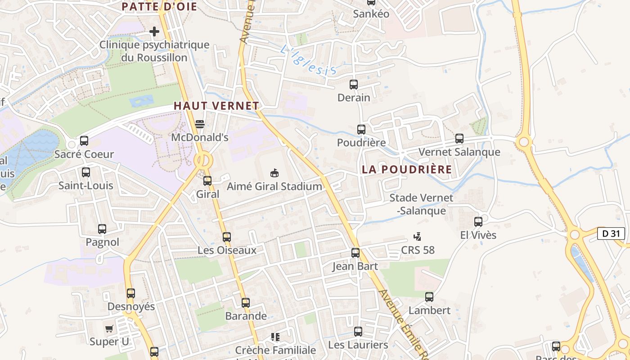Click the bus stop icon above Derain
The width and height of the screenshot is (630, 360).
pos(354,84)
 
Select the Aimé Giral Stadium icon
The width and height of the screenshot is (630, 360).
pos(274,172)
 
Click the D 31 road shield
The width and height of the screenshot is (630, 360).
pos(611,234)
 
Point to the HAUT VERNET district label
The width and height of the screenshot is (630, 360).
pos(216,106)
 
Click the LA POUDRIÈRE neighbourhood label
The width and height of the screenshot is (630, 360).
pos(407,169)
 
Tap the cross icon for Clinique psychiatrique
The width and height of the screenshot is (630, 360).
pos(154,31)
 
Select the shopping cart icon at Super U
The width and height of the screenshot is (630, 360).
pos(109,328)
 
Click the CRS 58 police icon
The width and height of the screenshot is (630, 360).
pos(418,236)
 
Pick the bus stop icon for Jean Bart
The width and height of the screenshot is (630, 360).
pos(355,252)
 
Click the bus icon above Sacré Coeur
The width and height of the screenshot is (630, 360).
pos(84,141)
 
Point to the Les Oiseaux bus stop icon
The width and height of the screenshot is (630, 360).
pos(227,237)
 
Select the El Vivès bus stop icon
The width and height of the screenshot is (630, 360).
pos(478,221)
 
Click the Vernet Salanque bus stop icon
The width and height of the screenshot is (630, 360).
pos(459,139)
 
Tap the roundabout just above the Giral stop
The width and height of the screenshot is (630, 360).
pos(203,160)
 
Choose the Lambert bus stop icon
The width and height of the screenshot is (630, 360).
pos(429,297)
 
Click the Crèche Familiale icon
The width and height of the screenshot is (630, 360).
pos(275,337)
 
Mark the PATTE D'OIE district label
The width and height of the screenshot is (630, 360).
pos(159,6)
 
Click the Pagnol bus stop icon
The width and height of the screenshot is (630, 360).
pos(102,229)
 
